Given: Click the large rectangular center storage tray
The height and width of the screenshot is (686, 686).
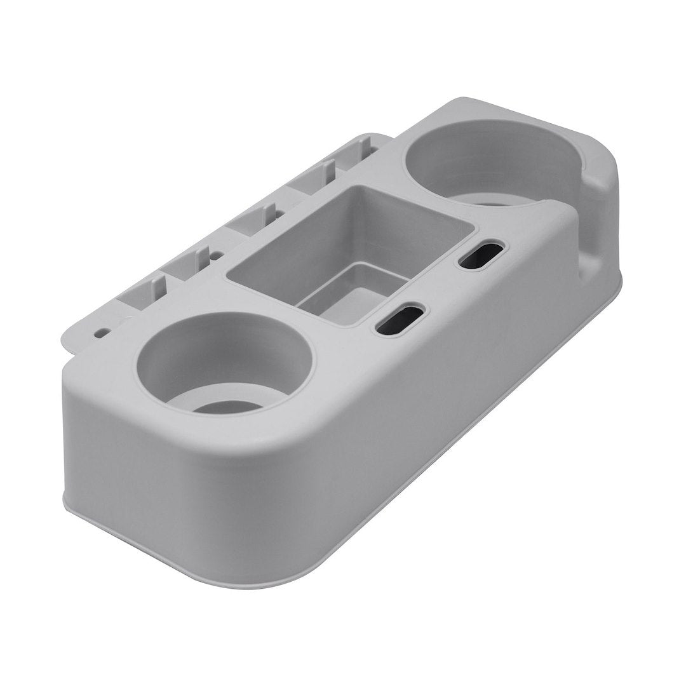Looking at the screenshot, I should tap(349, 254).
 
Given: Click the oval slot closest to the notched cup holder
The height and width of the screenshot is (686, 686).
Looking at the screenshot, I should tap(480, 254).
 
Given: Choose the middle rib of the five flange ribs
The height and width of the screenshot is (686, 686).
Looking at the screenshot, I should tap(267, 213).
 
